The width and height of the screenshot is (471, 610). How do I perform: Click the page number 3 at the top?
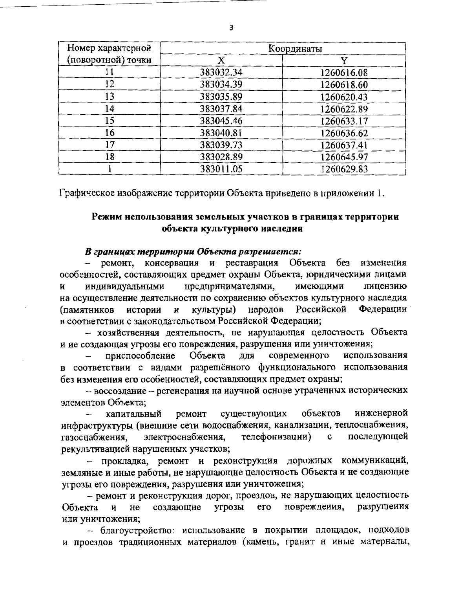click(231, 27)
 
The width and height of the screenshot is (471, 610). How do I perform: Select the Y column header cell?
click(344, 60)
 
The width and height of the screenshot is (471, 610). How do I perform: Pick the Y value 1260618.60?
click(344, 84)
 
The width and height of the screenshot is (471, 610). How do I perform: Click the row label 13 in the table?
click(110, 97)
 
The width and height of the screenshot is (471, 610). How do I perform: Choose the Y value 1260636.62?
click(344, 133)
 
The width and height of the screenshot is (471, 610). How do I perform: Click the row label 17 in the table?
click(110, 145)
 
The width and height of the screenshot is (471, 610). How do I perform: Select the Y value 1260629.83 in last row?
click(344, 169)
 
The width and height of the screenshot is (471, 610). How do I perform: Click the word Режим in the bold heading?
click(105, 217)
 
